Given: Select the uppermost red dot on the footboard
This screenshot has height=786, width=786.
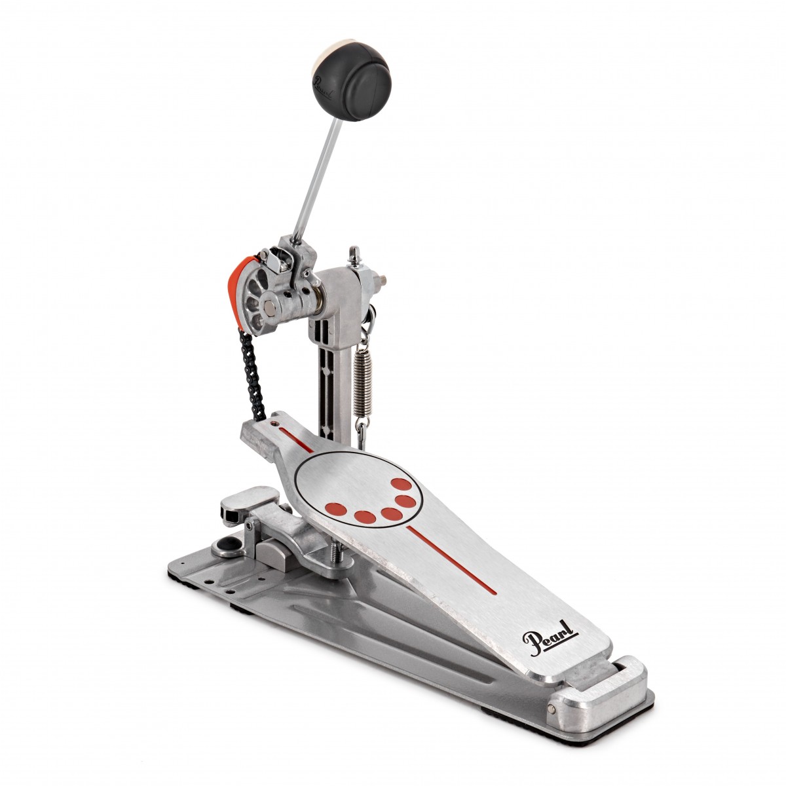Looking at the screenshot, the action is point(402,484).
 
